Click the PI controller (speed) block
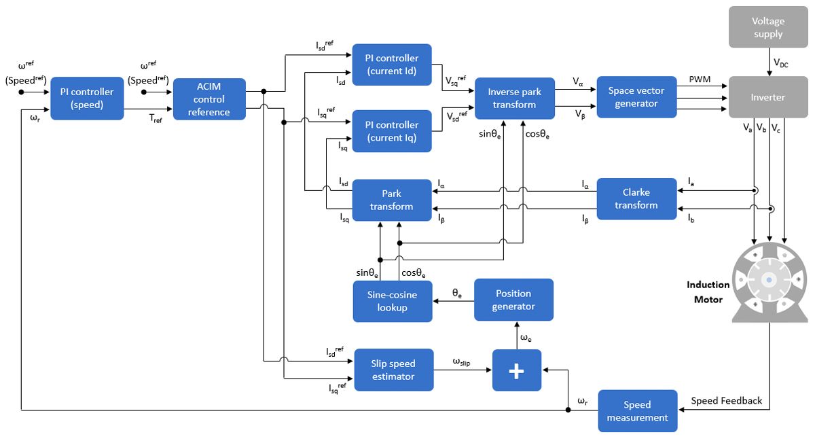click(x=87, y=99)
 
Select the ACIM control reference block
click(x=209, y=99)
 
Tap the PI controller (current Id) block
click(x=392, y=65)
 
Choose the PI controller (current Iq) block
click(x=392, y=131)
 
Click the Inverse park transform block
click(x=514, y=99)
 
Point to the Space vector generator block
click(x=636, y=97)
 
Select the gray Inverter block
click(x=768, y=97)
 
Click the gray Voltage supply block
click(x=768, y=28)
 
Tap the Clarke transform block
click(x=636, y=198)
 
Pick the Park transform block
click(x=392, y=200)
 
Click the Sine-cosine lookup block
click(x=392, y=301)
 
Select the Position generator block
click(x=513, y=300)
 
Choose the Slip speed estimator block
click(x=393, y=370)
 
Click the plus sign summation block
click(x=517, y=370)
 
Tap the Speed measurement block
click(x=637, y=410)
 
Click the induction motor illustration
click(x=768, y=280)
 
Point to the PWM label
click(x=700, y=80)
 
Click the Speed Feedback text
click(x=726, y=400)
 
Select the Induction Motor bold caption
click(x=708, y=292)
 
